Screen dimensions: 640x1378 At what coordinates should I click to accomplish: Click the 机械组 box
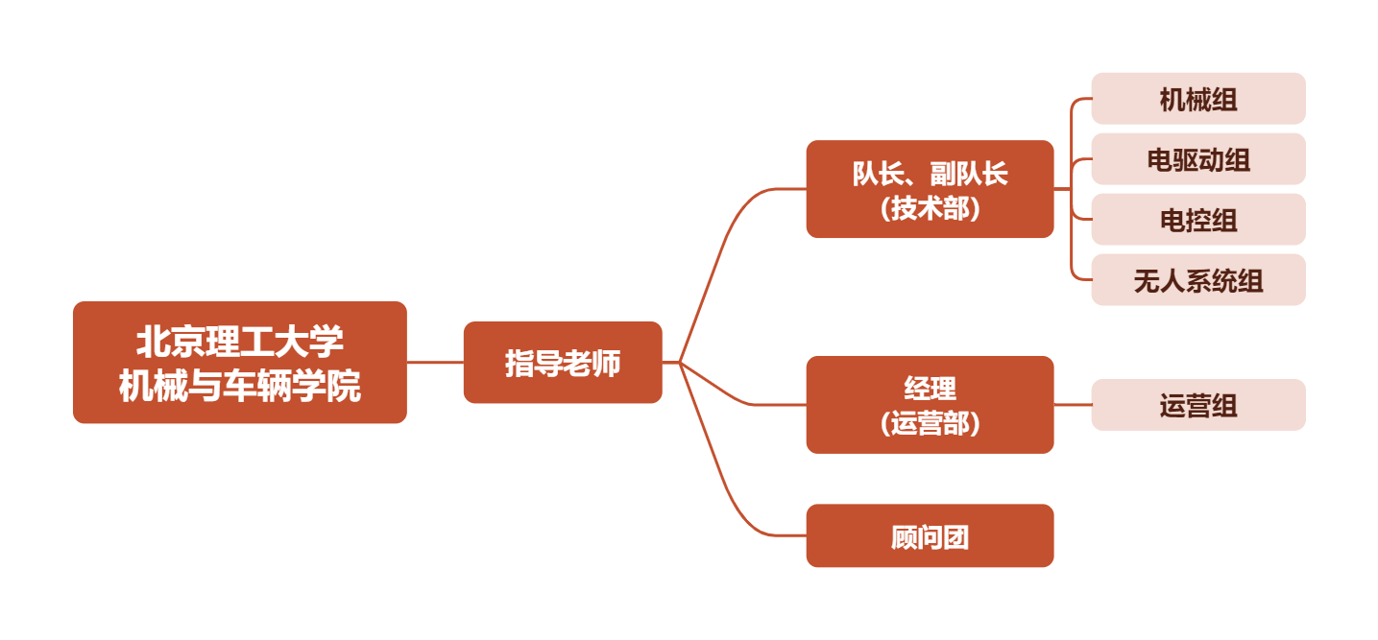tap(1197, 99)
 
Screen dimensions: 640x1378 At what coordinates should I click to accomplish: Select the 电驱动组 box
tap(1197, 159)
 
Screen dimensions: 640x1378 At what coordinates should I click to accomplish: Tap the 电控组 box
tap(1197, 220)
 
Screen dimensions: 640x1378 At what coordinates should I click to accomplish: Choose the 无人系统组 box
tap(1197, 280)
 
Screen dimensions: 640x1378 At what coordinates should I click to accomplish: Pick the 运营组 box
tap(1197, 405)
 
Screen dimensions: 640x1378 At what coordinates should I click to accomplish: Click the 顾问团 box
tap(930, 536)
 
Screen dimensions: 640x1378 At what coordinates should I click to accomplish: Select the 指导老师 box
tap(563, 363)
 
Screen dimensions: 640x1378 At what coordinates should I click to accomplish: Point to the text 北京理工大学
tap(239, 343)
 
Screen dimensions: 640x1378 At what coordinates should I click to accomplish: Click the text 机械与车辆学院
tap(239, 386)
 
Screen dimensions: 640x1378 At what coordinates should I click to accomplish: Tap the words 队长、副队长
tap(930, 174)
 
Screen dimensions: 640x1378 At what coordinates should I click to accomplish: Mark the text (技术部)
tap(930, 208)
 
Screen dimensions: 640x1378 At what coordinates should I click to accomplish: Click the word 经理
tap(930, 389)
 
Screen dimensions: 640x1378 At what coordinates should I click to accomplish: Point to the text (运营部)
tap(930, 423)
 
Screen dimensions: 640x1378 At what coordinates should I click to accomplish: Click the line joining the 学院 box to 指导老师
tap(435, 363)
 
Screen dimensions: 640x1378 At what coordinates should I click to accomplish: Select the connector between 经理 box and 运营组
tap(1073, 405)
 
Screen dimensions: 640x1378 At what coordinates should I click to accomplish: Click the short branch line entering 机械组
tap(1081, 99)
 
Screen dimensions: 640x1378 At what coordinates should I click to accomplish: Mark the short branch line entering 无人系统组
tap(1081, 279)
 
